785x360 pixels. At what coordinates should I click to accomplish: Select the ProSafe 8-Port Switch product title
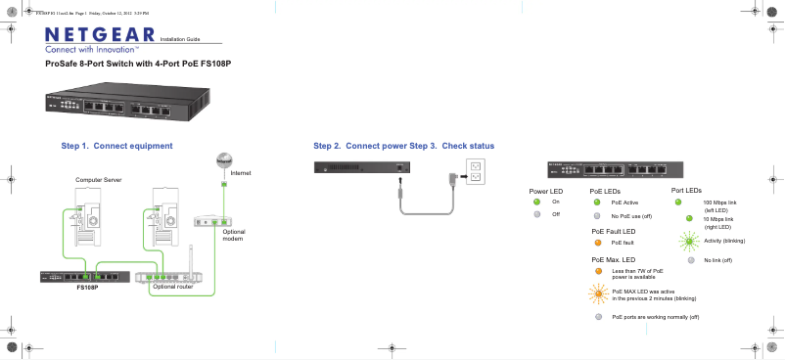click(x=145, y=63)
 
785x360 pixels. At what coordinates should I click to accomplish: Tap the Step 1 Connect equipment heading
click(x=124, y=146)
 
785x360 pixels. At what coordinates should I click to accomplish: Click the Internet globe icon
click(x=223, y=160)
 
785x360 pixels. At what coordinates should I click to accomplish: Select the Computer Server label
click(x=99, y=180)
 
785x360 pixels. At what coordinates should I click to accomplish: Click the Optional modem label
click(x=233, y=235)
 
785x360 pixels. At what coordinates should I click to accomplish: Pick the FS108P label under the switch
click(x=88, y=288)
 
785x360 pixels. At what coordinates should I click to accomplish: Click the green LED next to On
click(x=535, y=202)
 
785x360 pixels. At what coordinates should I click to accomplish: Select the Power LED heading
click(x=545, y=191)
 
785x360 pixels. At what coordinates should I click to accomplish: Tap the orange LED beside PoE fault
click(x=597, y=241)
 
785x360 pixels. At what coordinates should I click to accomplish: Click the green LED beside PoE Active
click(x=597, y=202)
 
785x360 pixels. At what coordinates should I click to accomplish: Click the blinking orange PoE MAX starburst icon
click(x=597, y=292)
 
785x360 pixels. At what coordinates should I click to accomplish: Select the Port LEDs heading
click(x=686, y=190)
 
